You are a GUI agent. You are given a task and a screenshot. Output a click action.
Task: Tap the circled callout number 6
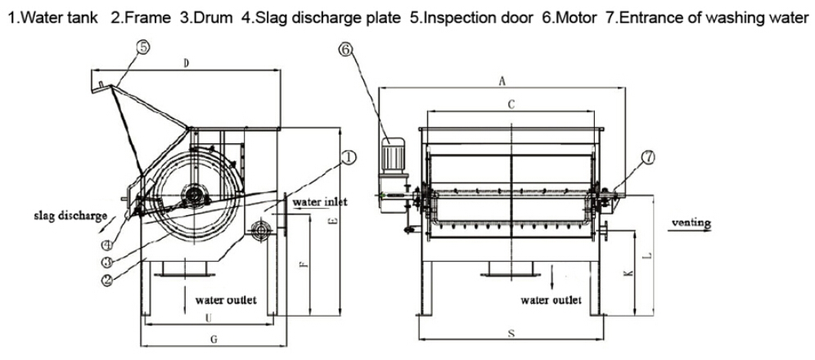[345, 49]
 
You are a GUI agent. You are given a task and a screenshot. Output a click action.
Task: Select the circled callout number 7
[648, 159]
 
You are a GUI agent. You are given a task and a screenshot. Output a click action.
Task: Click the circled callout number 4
[108, 245]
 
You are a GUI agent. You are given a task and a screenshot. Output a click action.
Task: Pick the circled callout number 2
[108, 278]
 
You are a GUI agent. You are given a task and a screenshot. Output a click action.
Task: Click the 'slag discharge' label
[70, 216]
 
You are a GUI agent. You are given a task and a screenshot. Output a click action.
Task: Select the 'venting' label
[690, 223]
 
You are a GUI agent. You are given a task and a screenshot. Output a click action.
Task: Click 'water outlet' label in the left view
[225, 300]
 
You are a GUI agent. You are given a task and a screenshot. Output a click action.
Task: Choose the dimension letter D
[187, 64]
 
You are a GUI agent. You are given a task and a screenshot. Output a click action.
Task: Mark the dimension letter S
[511, 334]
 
